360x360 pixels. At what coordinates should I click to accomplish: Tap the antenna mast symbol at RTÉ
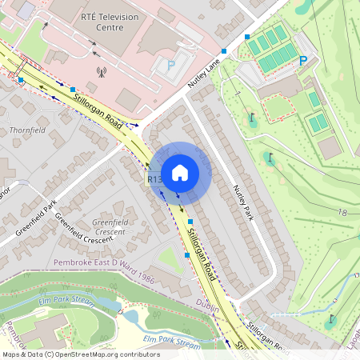[x=102, y=73]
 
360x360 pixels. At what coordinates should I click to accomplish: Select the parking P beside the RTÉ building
[x=170, y=66]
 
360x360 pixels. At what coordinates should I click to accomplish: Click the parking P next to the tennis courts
[x=303, y=61]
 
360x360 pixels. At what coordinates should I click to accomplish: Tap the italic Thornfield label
[x=22, y=129]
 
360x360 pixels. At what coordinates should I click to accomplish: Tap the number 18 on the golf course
[x=342, y=213]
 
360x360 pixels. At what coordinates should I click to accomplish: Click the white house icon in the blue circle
[x=180, y=172]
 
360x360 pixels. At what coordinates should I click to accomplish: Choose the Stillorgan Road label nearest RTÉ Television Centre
[x=97, y=110]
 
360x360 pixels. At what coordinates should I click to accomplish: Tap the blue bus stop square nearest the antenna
[x=73, y=90]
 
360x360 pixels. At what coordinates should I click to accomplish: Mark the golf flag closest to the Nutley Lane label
[x=253, y=119]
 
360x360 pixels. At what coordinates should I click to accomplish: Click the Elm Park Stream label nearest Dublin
[x=171, y=342]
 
